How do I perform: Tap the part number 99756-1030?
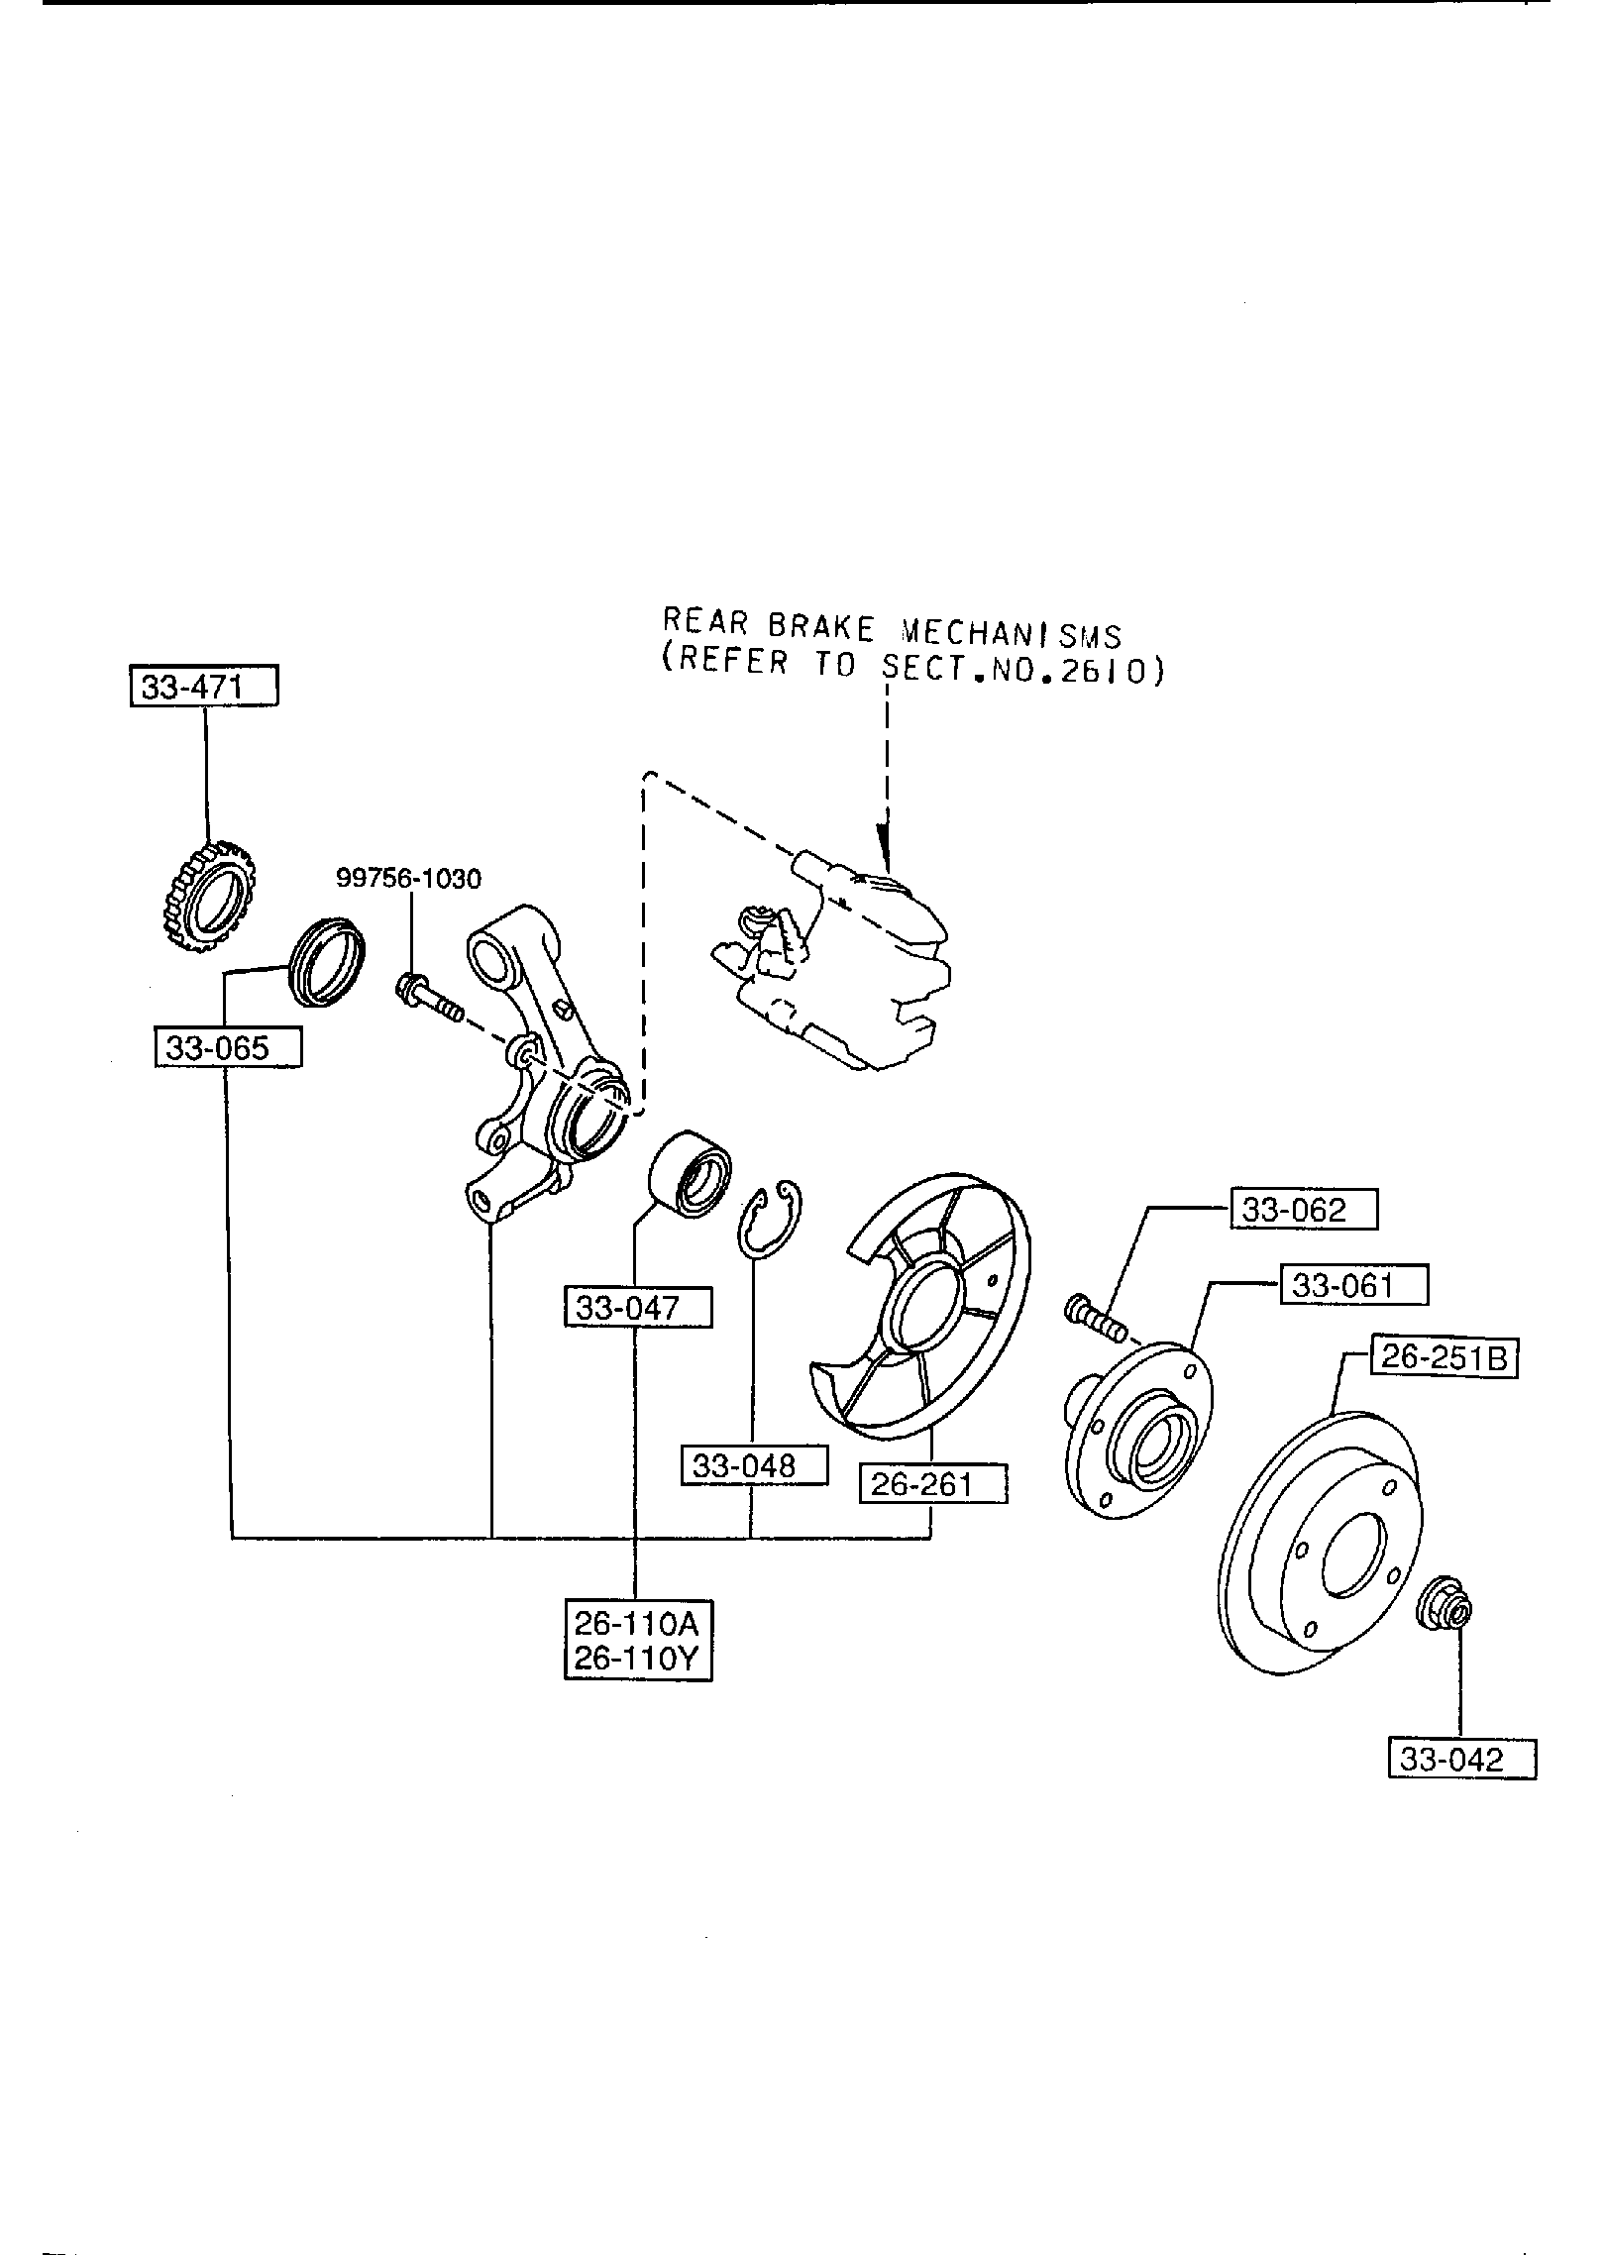point(409,878)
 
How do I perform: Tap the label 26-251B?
point(1444,1356)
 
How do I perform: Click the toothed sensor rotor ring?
point(202,895)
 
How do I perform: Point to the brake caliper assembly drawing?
point(837,958)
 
